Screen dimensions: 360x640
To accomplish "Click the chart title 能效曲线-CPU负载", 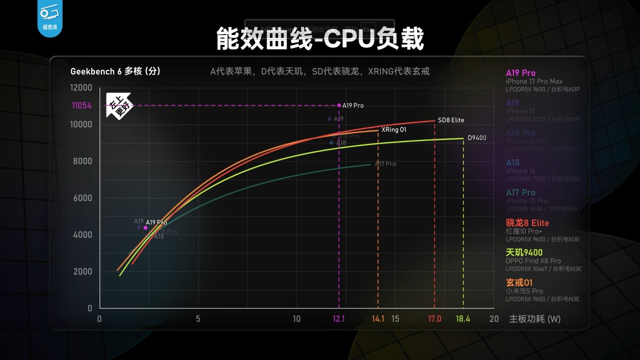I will (x=320, y=39).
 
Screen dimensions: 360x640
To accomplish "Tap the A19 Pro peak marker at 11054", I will (x=339, y=105).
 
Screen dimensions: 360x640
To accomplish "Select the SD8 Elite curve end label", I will (x=450, y=120).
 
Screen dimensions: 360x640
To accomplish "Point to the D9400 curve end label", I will (x=476, y=138).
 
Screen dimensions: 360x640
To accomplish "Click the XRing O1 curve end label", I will (x=394, y=129).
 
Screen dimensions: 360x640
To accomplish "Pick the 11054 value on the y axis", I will (x=81, y=105).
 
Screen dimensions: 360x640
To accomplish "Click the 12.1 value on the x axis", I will (x=339, y=319).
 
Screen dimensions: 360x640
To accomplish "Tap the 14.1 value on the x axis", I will (x=378, y=319).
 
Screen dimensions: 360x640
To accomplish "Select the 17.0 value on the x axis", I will (x=434, y=319).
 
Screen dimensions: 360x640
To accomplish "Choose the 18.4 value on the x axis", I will (x=463, y=319).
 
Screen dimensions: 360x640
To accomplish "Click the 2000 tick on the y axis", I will (x=83, y=271).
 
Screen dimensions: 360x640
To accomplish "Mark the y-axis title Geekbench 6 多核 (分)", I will (x=115, y=71).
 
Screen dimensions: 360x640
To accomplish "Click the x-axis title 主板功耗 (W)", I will (x=534, y=319).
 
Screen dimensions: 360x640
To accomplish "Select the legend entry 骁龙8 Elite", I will (x=527, y=223).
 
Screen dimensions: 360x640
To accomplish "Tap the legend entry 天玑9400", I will (x=524, y=252).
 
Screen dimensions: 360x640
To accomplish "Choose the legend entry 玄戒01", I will (x=519, y=282).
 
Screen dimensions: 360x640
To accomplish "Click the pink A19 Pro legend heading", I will (x=520, y=73).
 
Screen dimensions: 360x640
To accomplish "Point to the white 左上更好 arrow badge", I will (x=118, y=104).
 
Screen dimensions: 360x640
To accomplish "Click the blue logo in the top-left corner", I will (x=49, y=18).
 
